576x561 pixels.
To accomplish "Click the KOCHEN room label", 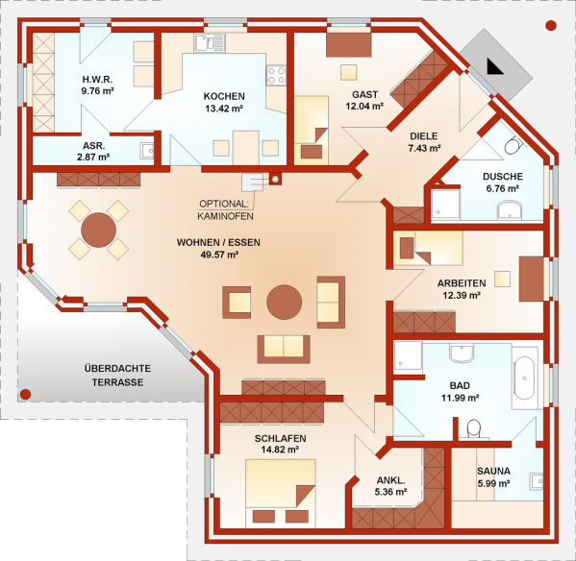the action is [224, 96].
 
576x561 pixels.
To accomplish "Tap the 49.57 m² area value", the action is [219, 255].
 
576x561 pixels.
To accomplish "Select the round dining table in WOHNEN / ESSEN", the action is [98, 230].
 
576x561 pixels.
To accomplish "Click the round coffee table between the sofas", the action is [284, 303].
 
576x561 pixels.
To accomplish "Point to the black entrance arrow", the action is [494, 66].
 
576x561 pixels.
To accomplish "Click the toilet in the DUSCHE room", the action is [513, 146].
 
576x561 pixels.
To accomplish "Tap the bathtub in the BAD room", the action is [525, 378].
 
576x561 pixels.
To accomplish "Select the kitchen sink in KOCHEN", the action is [210, 42].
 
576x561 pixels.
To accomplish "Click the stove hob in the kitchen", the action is [276, 75].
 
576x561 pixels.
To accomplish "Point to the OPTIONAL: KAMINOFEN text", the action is [225, 209].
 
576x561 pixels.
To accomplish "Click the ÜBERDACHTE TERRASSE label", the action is [117, 376].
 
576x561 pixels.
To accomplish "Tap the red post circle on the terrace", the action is [25, 395].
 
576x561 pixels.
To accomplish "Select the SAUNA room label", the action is [493, 471].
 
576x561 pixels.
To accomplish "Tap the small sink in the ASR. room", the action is [147, 151].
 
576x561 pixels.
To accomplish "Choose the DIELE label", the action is [423, 136].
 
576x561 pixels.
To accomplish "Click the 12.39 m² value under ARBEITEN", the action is [462, 295].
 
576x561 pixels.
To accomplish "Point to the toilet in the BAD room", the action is [473, 428].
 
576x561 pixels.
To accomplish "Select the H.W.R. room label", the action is [97, 80].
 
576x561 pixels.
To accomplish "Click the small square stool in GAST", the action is [348, 72].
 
